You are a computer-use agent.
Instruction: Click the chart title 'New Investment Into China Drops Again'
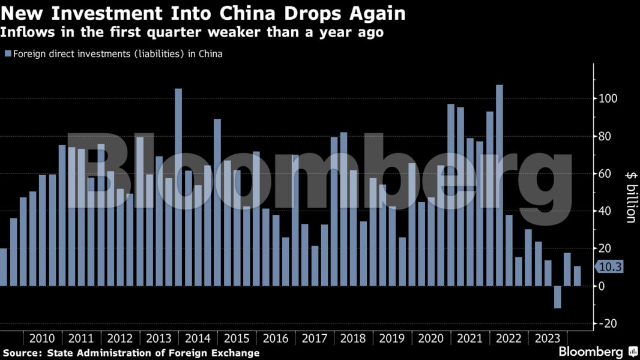203,13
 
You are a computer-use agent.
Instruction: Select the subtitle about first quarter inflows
192,32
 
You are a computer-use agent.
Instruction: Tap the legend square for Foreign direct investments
8,54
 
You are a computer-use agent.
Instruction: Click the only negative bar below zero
558,297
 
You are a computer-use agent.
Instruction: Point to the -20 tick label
609,324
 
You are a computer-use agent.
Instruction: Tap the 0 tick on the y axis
603,286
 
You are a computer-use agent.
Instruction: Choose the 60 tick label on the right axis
606,174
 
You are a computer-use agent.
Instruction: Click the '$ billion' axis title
630,196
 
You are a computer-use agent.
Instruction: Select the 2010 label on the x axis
41,338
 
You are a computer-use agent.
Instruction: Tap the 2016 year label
276,338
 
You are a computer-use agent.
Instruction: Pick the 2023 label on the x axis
548,338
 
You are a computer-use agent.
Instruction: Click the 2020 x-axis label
431,338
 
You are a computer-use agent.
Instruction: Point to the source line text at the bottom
131,353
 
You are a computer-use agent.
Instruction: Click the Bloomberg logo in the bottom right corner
597,352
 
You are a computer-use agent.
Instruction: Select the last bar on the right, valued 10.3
578,276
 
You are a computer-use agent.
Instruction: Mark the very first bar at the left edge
3,267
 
